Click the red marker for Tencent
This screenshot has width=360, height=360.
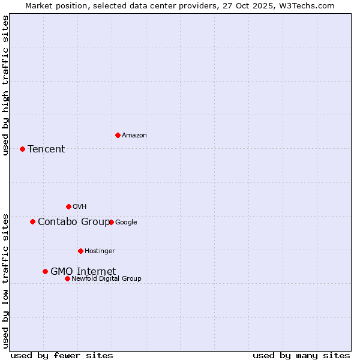22,149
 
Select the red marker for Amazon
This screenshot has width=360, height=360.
118,135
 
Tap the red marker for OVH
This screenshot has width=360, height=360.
68,206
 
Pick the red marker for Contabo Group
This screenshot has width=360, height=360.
32,221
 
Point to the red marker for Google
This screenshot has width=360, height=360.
111,222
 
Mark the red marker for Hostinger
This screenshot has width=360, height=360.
80,251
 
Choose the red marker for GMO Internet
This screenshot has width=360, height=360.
45,271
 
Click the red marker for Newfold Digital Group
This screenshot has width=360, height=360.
67,278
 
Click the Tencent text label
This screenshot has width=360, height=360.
46,149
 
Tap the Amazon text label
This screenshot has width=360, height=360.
134,135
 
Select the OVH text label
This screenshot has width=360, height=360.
80,206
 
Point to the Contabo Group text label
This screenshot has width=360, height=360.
74,221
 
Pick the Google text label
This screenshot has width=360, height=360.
126,222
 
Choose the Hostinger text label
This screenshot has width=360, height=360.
100,251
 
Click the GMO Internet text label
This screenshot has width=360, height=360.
83,271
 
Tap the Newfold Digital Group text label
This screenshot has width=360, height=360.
106,278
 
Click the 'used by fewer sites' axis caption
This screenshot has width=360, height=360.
62,355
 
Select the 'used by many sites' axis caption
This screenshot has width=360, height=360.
301,355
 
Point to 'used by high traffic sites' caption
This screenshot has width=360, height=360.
5,85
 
